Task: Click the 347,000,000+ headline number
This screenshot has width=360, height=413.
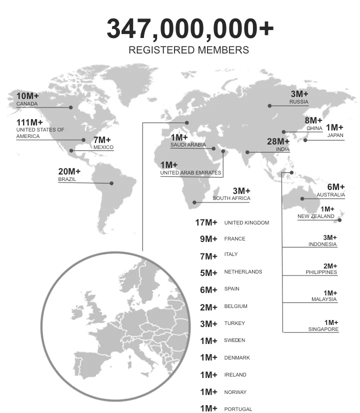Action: (190, 29)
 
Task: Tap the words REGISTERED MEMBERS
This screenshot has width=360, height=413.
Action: (188, 50)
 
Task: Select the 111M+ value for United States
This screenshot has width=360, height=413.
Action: (29, 122)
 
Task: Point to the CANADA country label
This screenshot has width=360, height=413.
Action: (27, 104)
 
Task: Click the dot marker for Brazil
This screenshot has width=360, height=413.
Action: (111, 183)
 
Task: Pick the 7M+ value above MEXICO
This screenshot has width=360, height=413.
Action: (102, 140)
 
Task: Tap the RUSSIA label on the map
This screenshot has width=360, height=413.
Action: (298, 102)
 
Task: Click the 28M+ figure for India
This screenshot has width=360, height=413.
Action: (278, 141)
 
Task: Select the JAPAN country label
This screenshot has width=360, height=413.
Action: (335, 135)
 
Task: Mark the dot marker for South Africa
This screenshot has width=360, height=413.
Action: (195, 202)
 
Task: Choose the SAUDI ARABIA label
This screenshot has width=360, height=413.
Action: (188, 145)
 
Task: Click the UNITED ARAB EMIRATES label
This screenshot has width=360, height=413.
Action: (190, 173)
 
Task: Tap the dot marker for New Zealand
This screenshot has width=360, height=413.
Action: (339, 220)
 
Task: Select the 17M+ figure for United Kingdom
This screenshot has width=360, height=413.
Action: (206, 222)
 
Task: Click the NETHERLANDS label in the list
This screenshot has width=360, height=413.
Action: (243, 272)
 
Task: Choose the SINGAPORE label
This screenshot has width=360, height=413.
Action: (323, 329)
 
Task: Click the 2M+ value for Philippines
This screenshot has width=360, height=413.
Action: (330, 266)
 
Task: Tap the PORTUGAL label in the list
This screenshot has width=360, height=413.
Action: (238, 409)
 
